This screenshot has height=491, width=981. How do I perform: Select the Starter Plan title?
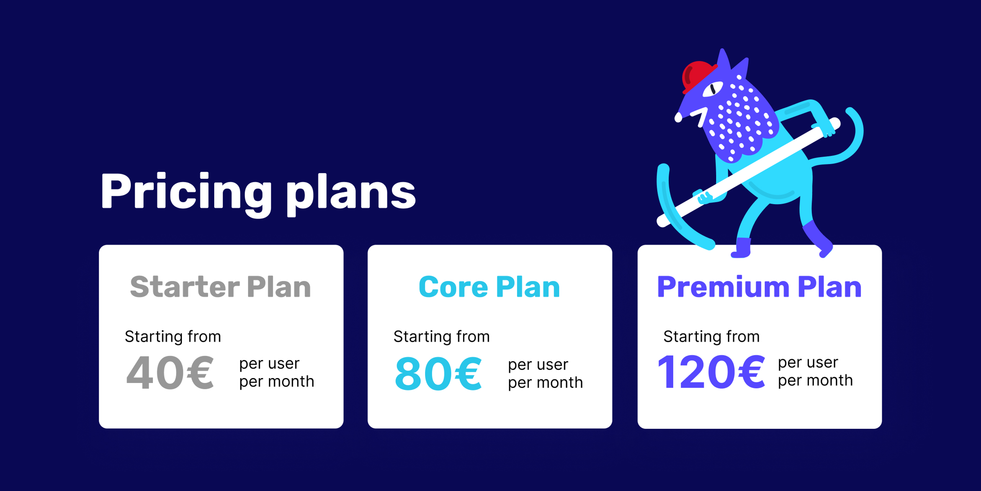tap(220, 287)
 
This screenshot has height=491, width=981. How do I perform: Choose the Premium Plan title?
tap(759, 287)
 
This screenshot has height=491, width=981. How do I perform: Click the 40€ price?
tap(170, 373)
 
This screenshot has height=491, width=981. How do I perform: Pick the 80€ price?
tap(438, 373)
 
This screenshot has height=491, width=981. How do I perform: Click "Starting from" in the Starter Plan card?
tap(173, 336)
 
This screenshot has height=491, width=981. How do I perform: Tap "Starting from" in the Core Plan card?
tap(441, 336)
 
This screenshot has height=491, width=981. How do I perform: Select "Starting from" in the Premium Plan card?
tap(711, 336)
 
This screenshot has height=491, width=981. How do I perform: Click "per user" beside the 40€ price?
tap(269, 364)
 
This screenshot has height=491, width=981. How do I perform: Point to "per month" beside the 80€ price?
tap(545, 383)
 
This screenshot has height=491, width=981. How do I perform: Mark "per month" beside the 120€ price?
tap(815, 380)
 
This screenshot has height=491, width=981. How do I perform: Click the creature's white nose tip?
tap(678, 118)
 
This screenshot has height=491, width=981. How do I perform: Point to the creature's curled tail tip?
tap(850, 111)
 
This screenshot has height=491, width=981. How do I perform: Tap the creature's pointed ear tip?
tap(722, 51)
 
